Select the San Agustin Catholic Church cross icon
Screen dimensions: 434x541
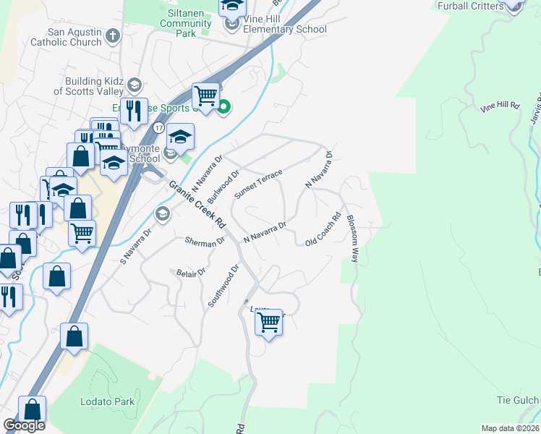pyautogui.click(x=113, y=35)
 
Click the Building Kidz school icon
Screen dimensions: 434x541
pyautogui.click(x=134, y=86)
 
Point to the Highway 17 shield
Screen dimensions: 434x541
pyautogui.click(x=157, y=127)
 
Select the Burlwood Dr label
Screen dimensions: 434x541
pyautogui.click(x=223, y=187)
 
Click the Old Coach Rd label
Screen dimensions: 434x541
pyautogui.click(x=323, y=229)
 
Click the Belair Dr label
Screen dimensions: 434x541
pyautogui.click(x=192, y=272)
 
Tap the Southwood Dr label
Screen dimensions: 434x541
pyautogui.click(x=223, y=286)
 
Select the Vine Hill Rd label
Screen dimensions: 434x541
pyautogui.click(x=500, y=106)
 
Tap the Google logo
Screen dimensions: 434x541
pyautogui.click(x=24, y=425)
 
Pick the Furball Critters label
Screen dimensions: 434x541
pyautogui.click(x=471, y=6)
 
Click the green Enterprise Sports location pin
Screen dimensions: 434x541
pyautogui.click(x=224, y=109)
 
